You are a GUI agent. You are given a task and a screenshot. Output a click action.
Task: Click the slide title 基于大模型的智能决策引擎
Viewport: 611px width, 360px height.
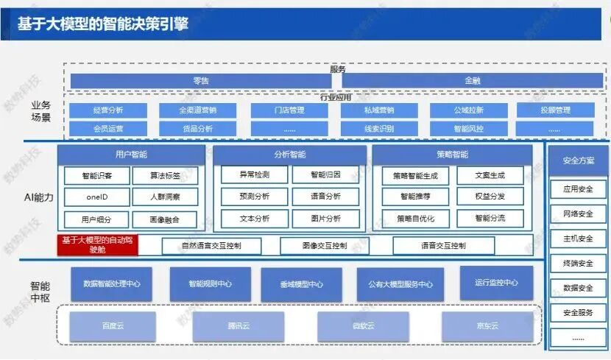(103, 24)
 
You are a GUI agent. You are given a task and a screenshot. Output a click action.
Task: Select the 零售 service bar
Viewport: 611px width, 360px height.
(201, 80)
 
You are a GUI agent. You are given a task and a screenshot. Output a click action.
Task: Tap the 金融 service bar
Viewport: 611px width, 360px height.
(472, 80)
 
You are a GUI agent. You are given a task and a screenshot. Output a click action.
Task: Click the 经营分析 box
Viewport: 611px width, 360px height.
(108, 110)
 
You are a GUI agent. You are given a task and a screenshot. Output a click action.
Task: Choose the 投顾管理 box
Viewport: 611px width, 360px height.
(554, 110)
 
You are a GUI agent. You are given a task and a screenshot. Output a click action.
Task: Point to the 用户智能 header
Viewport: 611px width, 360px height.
(131, 155)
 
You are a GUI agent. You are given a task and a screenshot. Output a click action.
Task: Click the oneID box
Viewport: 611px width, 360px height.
(97, 197)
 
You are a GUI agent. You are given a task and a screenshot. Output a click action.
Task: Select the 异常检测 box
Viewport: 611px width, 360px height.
(255, 175)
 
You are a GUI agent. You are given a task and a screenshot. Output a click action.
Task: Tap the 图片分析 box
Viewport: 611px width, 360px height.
(325, 219)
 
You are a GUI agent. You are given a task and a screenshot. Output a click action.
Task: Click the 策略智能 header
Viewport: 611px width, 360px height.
(452, 155)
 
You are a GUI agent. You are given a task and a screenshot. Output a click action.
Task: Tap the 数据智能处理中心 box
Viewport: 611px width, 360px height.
(112, 283)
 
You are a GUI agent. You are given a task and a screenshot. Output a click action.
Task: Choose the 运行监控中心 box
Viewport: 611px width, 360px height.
(496, 283)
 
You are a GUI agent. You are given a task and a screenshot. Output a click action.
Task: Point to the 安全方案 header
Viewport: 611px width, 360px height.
(578, 160)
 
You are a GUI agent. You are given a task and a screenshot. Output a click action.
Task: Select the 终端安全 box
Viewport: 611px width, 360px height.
(578, 263)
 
